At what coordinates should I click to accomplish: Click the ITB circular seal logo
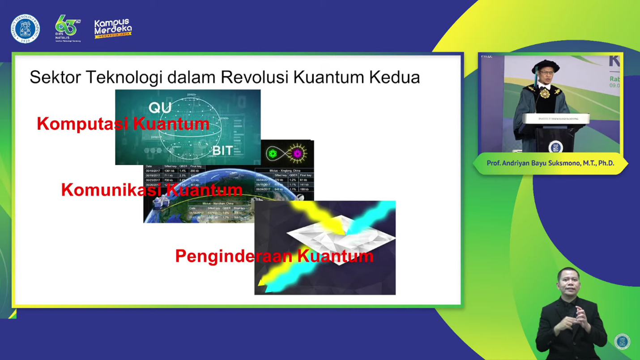(x=25, y=29)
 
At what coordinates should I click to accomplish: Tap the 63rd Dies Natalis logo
(x=68, y=28)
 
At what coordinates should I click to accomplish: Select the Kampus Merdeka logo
(x=113, y=28)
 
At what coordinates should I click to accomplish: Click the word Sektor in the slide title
(x=55, y=77)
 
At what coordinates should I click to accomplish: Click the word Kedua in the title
(x=394, y=77)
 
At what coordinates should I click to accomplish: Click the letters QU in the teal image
(x=160, y=107)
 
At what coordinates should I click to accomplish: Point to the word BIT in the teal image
(x=222, y=150)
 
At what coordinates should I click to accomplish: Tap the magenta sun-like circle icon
(x=297, y=154)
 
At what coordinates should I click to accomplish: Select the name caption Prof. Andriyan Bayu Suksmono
(x=550, y=163)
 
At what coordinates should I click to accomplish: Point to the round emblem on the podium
(x=555, y=146)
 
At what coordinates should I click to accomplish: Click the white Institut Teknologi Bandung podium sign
(x=558, y=119)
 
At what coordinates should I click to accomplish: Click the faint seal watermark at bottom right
(x=622, y=342)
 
